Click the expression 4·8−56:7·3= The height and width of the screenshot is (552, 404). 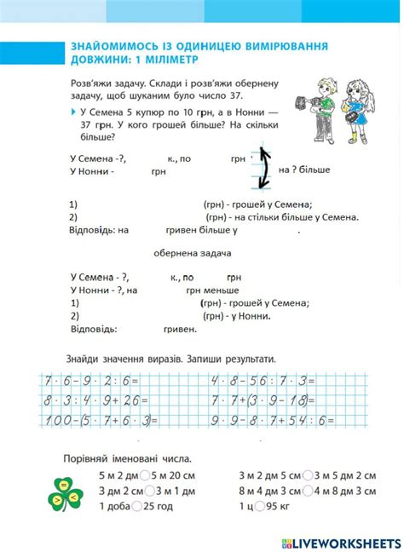[266, 380]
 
